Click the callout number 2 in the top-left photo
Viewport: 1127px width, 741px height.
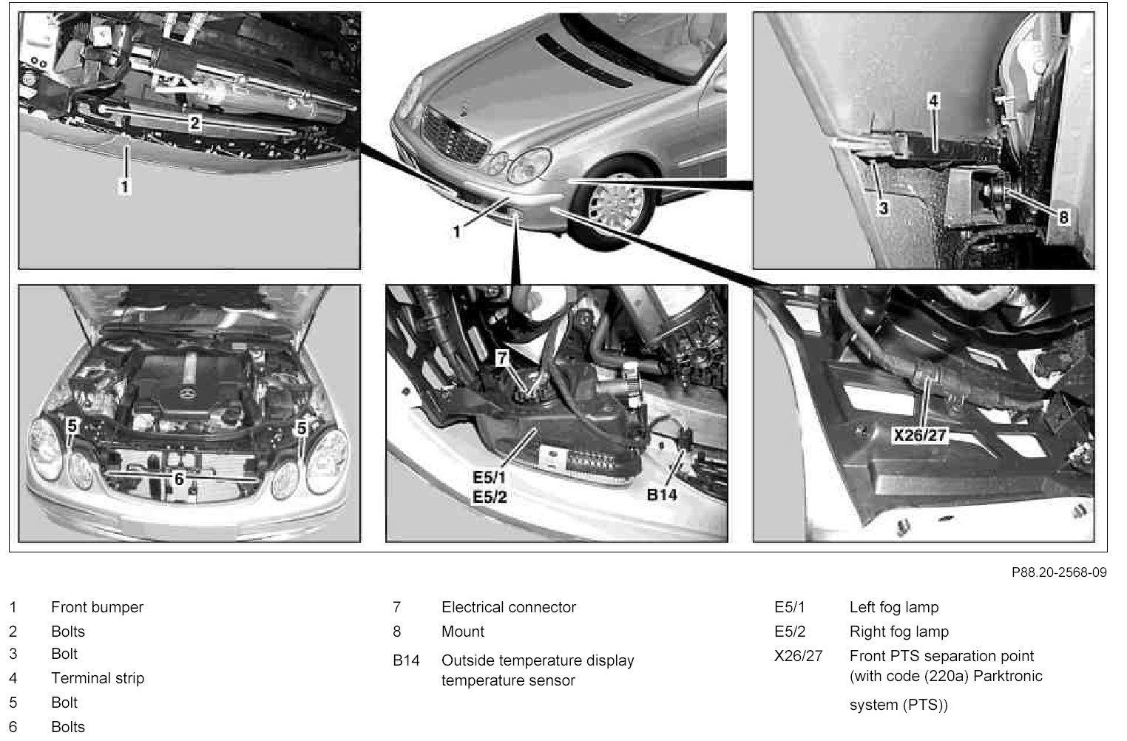pos(194,123)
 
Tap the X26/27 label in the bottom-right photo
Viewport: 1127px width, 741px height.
pos(920,435)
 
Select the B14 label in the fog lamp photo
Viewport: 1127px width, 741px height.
pos(662,495)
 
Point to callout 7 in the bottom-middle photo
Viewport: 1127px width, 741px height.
pos(501,359)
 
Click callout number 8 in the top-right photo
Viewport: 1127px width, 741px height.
pos(1063,217)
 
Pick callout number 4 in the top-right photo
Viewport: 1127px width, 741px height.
pos(933,101)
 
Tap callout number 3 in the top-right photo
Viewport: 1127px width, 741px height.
pos(884,208)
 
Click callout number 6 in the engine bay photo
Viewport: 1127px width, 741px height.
pos(179,479)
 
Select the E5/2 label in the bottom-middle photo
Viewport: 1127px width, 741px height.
pos(490,498)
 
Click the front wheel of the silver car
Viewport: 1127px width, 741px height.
pos(614,204)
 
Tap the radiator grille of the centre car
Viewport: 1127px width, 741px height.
pos(454,134)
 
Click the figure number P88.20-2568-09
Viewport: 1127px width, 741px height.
pos(1059,572)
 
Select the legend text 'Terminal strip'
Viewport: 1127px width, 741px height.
pos(98,678)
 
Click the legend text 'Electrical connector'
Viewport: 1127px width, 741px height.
pos(509,607)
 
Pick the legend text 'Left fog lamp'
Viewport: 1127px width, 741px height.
pos(894,608)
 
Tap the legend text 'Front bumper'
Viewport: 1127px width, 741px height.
pos(97,608)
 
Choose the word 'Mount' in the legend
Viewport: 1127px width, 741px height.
pos(463,632)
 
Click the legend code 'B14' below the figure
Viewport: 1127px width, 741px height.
pos(406,660)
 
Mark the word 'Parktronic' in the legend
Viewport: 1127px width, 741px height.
pos(1008,676)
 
